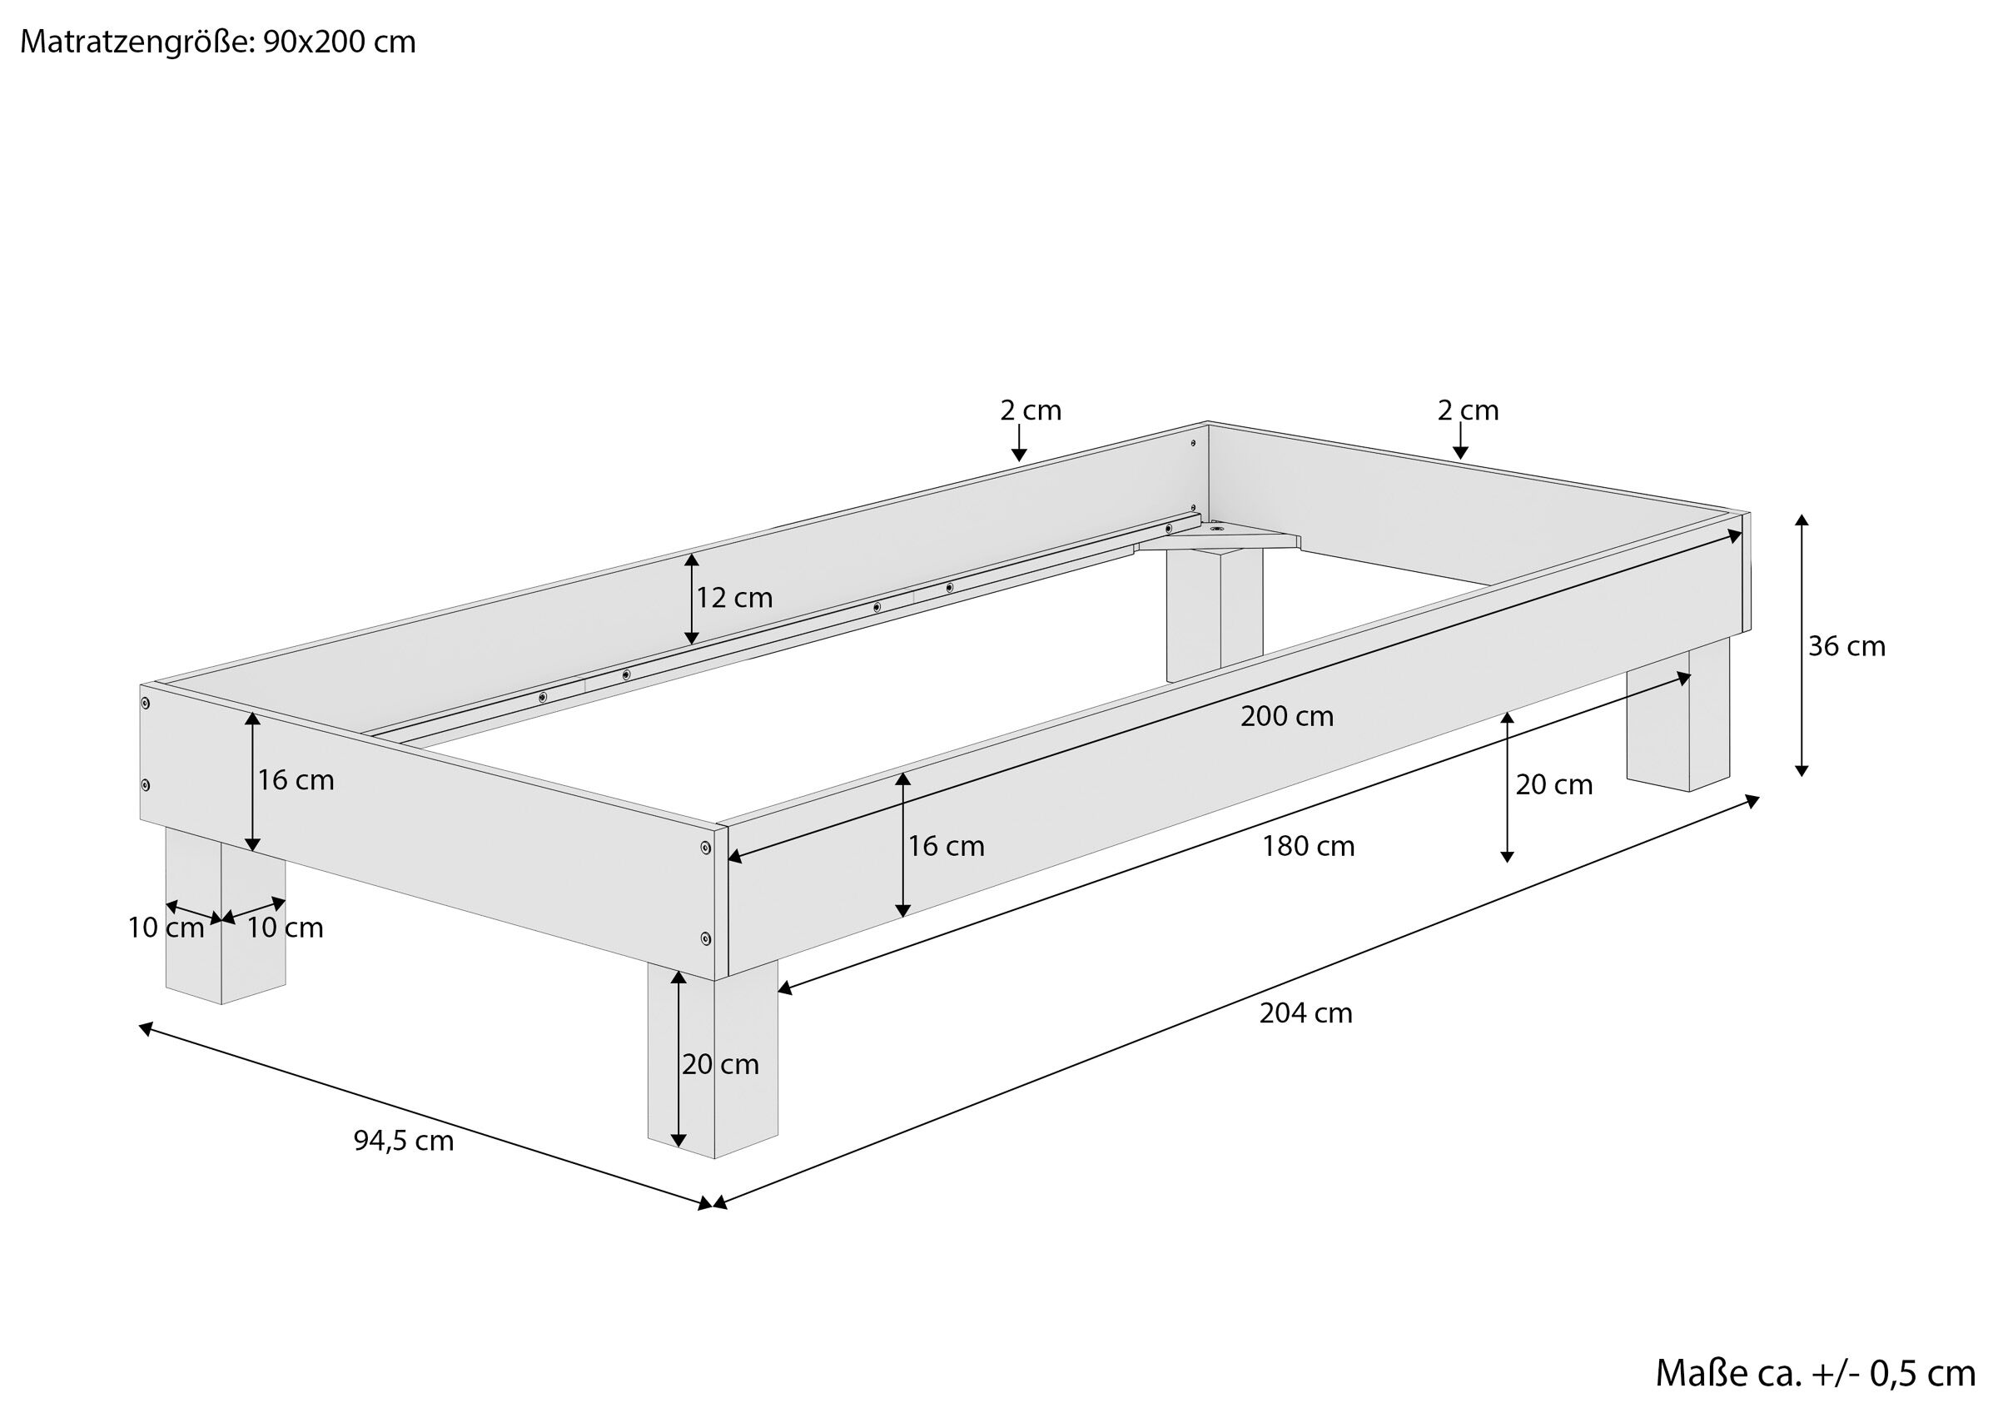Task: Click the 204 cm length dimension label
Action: [1305, 1013]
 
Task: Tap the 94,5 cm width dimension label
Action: [404, 1141]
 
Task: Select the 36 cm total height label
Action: [1846, 647]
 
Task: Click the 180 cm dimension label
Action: [1309, 846]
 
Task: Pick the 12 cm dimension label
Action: [733, 598]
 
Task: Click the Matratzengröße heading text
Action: [217, 42]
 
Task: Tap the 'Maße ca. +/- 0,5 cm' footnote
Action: [1815, 1373]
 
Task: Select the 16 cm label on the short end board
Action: [295, 780]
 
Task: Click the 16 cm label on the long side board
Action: [946, 846]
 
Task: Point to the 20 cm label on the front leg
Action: [721, 1065]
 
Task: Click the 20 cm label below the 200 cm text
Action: [1554, 785]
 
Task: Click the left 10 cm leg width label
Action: [166, 928]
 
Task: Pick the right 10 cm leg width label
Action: [285, 928]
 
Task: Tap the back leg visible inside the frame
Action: [1214, 614]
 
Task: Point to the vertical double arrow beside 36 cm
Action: [1802, 645]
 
